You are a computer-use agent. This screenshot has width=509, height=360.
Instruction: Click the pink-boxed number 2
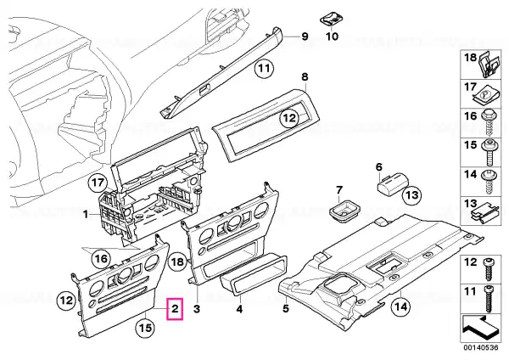pyautogui.click(x=175, y=309)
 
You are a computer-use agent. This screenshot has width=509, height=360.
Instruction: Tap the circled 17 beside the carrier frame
pyautogui.click(x=98, y=183)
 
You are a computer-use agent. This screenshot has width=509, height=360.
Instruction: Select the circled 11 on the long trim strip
pyautogui.click(x=264, y=69)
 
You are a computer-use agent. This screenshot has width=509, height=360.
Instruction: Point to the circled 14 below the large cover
pyautogui.click(x=401, y=307)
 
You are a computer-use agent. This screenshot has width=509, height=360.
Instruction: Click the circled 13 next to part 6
pyautogui.click(x=411, y=195)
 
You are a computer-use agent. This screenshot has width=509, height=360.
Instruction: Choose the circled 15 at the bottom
pyautogui.click(x=146, y=328)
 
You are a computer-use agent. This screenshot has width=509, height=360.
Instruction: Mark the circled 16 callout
pyautogui.click(x=101, y=259)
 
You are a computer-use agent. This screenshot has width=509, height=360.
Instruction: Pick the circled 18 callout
pyautogui.click(x=178, y=262)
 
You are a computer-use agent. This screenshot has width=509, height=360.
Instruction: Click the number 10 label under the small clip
pyautogui.click(x=332, y=36)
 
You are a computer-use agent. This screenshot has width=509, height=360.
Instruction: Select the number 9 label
pyautogui.click(x=305, y=36)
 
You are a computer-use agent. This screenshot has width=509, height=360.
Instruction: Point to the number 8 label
pyautogui.click(x=305, y=77)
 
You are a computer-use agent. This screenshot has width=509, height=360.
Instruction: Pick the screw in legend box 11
pyautogui.click(x=489, y=299)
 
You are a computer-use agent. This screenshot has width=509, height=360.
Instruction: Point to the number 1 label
pyautogui.click(x=85, y=215)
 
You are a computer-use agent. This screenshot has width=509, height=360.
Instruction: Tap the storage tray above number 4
pyautogui.click(x=254, y=275)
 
